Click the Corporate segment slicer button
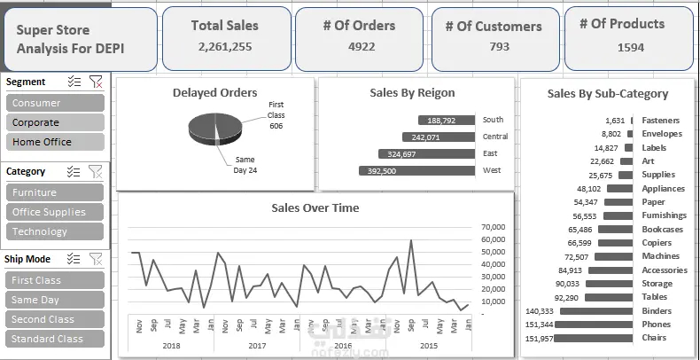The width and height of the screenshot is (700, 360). (54, 122)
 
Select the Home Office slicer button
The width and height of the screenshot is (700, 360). (54, 142)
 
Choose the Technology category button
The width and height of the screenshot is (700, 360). (54, 231)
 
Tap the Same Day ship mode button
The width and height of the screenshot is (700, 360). (54, 300)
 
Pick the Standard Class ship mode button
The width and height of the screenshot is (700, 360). (54, 339)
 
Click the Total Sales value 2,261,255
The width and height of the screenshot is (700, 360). (225, 47)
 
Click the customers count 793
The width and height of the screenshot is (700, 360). (499, 47)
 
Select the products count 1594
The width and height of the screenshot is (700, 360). (630, 48)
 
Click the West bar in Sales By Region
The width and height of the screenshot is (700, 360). (417, 171)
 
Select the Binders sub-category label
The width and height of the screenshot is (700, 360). (657, 311)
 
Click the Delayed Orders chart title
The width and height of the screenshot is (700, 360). (215, 92)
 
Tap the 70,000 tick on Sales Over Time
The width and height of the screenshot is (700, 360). (492, 227)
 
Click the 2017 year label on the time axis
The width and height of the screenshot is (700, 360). (257, 346)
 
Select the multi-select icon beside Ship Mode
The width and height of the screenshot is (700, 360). (74, 259)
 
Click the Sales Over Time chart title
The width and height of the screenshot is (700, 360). (315, 207)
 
